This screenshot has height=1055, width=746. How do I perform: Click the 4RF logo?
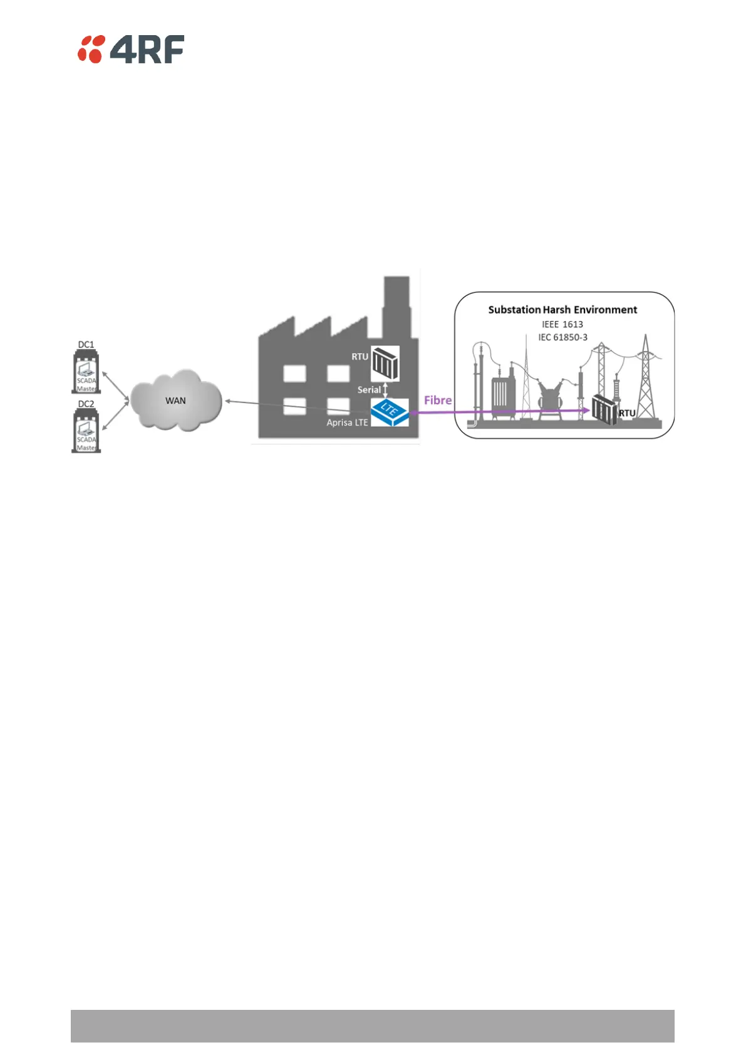(x=131, y=50)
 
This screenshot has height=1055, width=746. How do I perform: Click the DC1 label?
(x=86, y=345)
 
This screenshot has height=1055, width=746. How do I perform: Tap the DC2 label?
(x=86, y=404)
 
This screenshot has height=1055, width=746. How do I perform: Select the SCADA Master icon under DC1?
(x=86, y=374)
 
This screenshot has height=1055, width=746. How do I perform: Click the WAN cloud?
(x=176, y=401)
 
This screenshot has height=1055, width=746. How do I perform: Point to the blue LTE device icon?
(x=390, y=412)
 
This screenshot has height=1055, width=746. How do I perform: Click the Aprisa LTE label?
(x=347, y=423)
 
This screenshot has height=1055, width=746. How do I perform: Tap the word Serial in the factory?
(x=368, y=390)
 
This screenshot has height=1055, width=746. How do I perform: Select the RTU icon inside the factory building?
(x=385, y=363)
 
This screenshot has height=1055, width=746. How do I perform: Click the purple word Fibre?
(x=438, y=400)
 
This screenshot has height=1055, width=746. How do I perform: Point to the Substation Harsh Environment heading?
(x=562, y=310)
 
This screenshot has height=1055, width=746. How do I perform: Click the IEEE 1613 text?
(x=562, y=324)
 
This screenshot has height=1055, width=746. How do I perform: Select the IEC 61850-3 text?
(x=562, y=337)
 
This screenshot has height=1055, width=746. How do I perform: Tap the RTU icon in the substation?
(x=604, y=409)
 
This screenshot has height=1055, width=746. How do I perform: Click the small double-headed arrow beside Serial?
(x=386, y=389)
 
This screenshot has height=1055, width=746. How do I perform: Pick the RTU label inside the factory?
(x=360, y=357)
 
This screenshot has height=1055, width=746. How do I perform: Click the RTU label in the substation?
(x=627, y=413)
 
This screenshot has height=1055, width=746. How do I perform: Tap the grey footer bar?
(x=372, y=1026)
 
